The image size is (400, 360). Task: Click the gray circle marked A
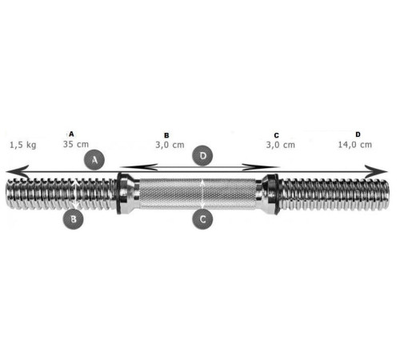pos(94,160)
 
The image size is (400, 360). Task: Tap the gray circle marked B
pos(74,219)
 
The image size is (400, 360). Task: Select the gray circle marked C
pos(202,219)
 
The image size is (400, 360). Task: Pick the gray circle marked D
pos(203,156)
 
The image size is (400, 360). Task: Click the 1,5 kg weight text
pos(23,145)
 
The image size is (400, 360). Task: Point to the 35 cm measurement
pos(76,144)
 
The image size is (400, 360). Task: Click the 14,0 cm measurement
pos(355,145)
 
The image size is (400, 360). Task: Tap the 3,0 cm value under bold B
pos(170,145)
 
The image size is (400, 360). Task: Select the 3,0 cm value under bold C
pos(281,145)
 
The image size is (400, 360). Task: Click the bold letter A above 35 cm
pos(71,134)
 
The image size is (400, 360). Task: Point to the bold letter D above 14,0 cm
pos(358,134)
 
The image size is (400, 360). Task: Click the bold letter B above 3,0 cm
pos(166,135)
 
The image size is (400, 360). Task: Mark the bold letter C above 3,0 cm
pos(276,135)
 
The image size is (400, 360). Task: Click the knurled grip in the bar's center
pos(198,194)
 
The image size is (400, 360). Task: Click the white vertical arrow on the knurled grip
pos(202,194)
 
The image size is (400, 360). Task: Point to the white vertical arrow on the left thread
pos(76,194)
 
